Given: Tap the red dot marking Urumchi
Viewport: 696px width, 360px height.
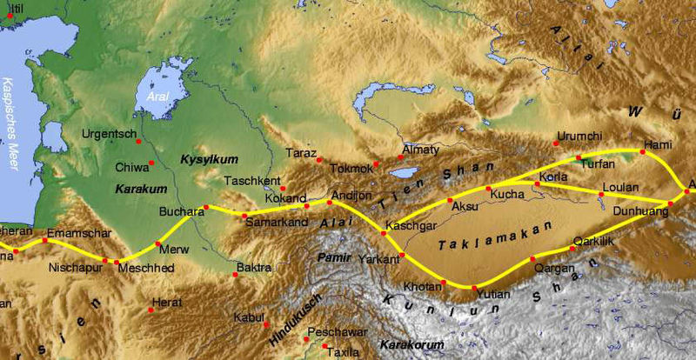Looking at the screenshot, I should [558, 144].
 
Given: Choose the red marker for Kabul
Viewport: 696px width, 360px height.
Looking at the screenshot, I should [266, 324].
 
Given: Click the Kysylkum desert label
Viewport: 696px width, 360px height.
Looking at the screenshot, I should [202, 161].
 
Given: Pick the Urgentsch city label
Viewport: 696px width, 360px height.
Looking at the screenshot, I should [109, 135].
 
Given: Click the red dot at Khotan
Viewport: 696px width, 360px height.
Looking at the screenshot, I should [444, 282].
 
